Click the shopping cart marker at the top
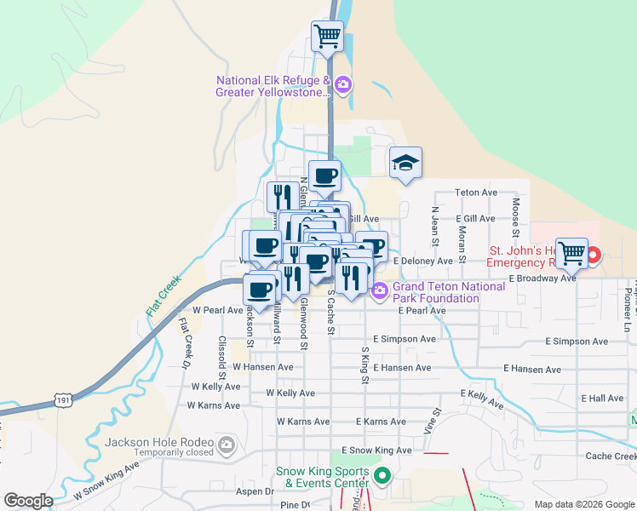pos(327,37)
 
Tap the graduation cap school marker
pos(406,162)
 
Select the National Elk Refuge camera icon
pos(343,83)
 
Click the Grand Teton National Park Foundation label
pos(436,292)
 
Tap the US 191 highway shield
pos(61,399)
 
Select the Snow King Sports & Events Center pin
pos(382,475)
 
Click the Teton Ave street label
pos(476,192)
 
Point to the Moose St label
pos(516,216)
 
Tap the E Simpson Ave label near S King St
pos(404,339)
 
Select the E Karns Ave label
pos(381,422)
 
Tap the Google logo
pos(28,500)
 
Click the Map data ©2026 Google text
pos(583,504)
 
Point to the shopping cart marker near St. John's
pos(571,252)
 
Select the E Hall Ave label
pos(603,398)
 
